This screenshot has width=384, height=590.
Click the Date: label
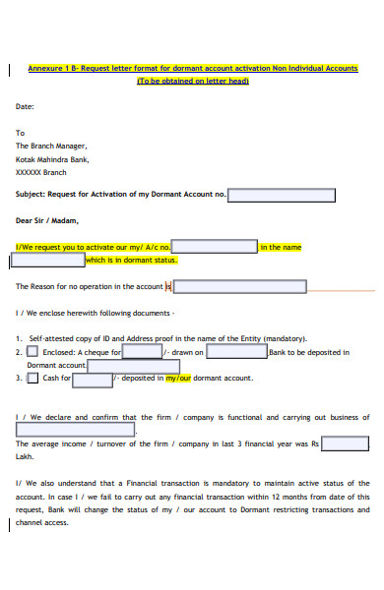coord(26,105)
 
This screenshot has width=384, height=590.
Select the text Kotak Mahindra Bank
coord(52,157)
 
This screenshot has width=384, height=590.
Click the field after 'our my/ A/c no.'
coord(215,247)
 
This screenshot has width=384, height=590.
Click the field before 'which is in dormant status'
coord(47,261)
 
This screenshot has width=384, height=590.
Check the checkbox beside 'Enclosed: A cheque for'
coord(32,351)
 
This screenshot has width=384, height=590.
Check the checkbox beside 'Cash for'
coord(32,377)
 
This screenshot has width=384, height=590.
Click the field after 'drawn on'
coord(236,351)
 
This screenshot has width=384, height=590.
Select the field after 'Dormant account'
coord(102,365)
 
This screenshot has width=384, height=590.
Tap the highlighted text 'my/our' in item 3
coord(177,378)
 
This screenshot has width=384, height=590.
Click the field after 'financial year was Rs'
coord(346,443)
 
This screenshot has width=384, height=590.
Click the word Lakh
coord(25,457)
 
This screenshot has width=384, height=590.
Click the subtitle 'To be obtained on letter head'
coord(192,81)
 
